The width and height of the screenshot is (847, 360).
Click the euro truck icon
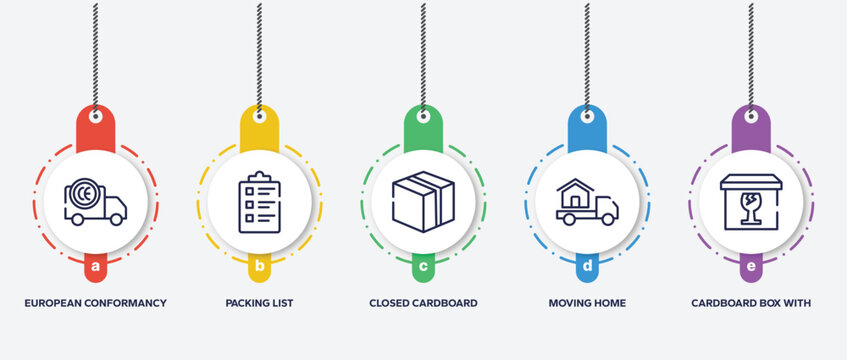point(95,201)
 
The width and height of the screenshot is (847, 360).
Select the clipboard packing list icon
point(259,201)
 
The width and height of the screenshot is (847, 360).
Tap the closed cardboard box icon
point(423,201)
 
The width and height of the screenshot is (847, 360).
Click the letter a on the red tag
point(95,267)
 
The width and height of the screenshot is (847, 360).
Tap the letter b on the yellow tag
point(259,267)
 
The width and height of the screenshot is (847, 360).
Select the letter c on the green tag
point(423,267)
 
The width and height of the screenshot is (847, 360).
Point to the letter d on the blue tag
point(587,267)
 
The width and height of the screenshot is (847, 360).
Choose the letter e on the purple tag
point(751,267)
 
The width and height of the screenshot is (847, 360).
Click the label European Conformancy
point(95,302)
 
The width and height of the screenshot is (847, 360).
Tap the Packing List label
point(259,302)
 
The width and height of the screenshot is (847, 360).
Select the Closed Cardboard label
point(423,302)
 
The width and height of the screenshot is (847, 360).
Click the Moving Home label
point(587,302)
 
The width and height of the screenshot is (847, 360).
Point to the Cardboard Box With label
point(751,302)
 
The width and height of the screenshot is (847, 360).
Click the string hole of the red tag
point(95,116)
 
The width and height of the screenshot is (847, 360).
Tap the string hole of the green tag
point(423,116)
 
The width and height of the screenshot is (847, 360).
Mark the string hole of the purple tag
point(751,116)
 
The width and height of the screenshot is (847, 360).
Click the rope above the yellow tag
point(259,50)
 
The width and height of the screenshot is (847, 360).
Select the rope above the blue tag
point(587,50)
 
